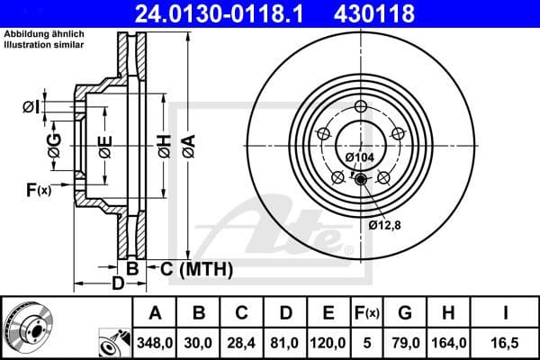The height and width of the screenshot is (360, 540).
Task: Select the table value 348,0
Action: pyautogui.click(x=156, y=343)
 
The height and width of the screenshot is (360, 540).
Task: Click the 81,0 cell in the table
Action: pyautogui.click(x=285, y=343)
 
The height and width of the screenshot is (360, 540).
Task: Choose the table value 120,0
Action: pyautogui.click(x=328, y=343)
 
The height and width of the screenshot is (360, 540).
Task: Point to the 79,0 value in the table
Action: pyautogui.click(x=405, y=343)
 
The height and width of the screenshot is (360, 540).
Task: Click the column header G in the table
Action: pyautogui.click(x=405, y=313)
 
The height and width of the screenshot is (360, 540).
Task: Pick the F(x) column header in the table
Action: pyautogui.click(x=367, y=313)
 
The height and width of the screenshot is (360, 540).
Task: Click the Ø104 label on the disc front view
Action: pyautogui.click(x=360, y=157)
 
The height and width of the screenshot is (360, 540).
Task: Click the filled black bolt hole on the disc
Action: pyautogui.click(x=362, y=180)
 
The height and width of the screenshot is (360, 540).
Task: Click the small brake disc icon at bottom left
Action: pyautogui.click(x=27, y=328)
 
